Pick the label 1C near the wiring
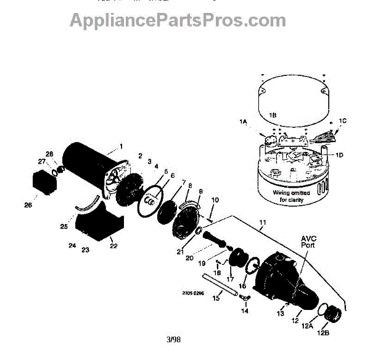(343, 122)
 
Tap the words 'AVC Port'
(309, 241)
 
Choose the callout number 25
(64, 227)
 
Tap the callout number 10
(215, 200)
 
